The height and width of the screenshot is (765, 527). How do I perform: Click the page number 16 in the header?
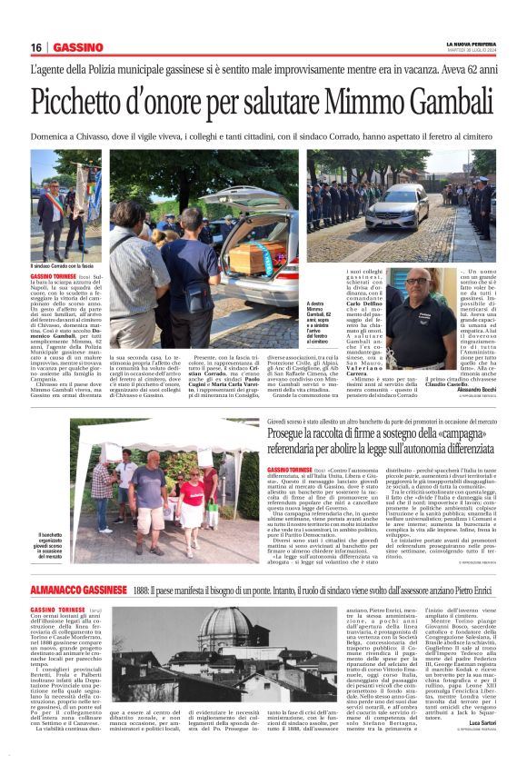[x=36, y=47]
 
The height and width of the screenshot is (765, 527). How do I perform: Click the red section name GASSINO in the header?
[x=78, y=47]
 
